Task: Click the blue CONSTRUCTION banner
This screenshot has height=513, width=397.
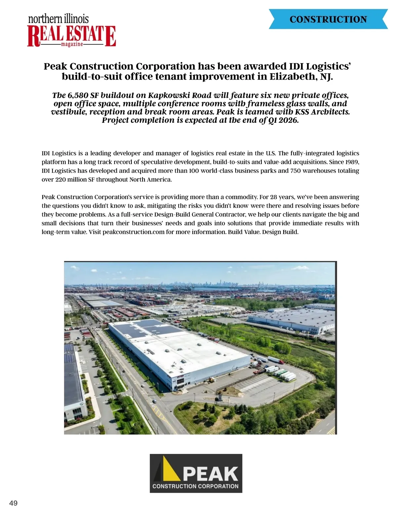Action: click(x=328, y=19)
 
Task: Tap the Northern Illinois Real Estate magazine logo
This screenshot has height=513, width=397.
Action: click(x=71, y=31)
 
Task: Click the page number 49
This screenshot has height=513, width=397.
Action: click(x=14, y=503)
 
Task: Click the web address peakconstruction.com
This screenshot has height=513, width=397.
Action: click(x=133, y=232)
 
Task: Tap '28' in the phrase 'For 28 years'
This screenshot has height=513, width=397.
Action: click(x=274, y=197)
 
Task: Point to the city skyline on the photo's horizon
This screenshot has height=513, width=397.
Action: click(x=212, y=283)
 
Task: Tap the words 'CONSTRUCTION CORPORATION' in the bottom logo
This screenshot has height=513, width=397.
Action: click(x=196, y=486)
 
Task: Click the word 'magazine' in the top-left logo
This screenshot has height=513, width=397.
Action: click(x=72, y=44)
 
